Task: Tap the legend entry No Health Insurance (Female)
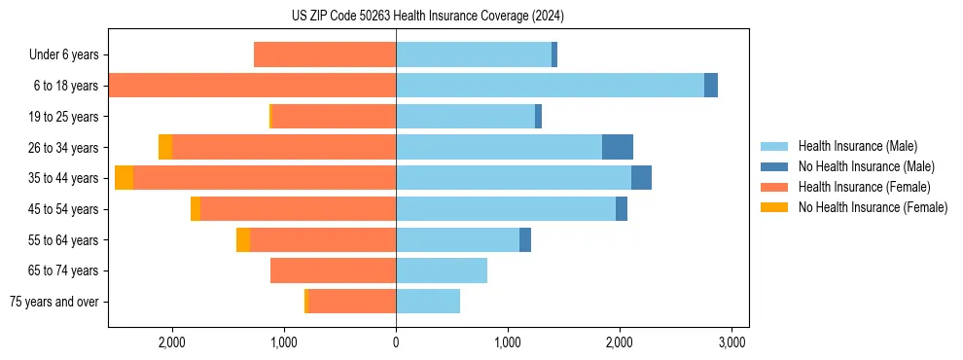[873, 207]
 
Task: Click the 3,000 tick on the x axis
[731, 342]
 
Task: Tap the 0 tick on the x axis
[396, 342]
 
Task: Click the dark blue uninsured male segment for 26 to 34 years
[618, 147]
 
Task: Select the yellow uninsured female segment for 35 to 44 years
[124, 178]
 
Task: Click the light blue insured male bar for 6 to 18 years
[550, 86]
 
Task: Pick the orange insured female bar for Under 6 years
[325, 55]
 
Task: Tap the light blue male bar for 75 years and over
[428, 302]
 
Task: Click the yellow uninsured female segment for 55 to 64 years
[243, 239]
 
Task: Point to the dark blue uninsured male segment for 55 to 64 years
[525, 239]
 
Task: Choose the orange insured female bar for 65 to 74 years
[333, 270]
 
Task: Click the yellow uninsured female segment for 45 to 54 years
[196, 209]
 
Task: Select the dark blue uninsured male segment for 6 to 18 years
[711, 86]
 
